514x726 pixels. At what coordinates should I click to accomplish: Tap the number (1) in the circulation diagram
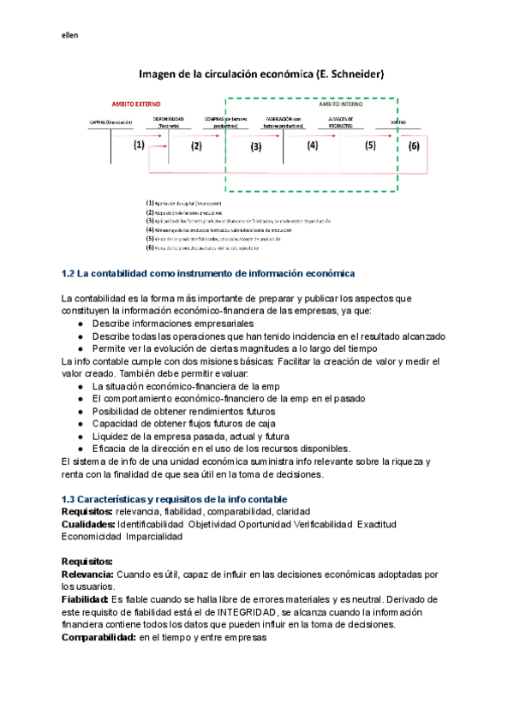(x=140, y=146)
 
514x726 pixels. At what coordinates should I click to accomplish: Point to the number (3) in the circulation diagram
(x=255, y=146)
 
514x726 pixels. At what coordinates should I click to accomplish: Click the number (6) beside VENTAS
(x=414, y=146)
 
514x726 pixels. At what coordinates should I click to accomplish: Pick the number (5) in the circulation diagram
(x=370, y=146)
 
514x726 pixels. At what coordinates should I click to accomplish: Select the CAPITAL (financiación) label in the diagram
(x=111, y=122)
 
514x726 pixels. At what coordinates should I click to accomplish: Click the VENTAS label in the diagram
(x=399, y=122)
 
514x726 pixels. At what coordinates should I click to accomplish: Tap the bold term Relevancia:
(x=91, y=574)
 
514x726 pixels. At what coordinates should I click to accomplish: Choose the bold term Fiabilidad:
(x=89, y=599)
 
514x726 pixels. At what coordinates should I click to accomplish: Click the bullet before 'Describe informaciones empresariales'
(x=80, y=324)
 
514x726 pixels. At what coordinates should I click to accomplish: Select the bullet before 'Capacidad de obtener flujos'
(x=80, y=424)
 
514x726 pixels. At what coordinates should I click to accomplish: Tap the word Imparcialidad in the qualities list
(x=154, y=536)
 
